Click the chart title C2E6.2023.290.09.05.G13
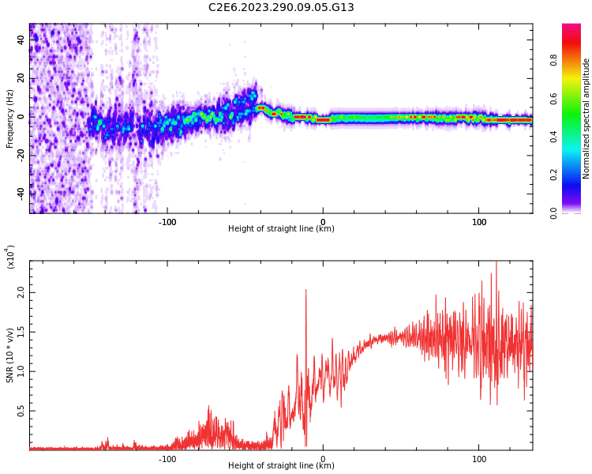(x=281, y=7)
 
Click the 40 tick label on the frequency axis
(x=21, y=39)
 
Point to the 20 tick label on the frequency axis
(x=21, y=77)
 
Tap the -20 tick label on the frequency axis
(x=20, y=155)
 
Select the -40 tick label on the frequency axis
(x=20, y=193)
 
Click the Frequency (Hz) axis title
(x=10, y=118)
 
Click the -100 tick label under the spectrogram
(x=167, y=221)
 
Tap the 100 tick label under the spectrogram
(x=479, y=221)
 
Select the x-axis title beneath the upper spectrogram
(x=281, y=229)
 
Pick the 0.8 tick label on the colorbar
(x=576, y=58)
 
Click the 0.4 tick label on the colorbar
(x=576, y=136)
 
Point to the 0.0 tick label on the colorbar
(x=576, y=213)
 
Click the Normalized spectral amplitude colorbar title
(x=586, y=118)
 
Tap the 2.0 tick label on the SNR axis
(x=21, y=292)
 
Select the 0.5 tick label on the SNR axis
(x=21, y=411)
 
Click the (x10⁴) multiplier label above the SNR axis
(x=10, y=256)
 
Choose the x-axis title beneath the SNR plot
(x=281, y=466)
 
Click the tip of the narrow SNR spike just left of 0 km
(x=305, y=290)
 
